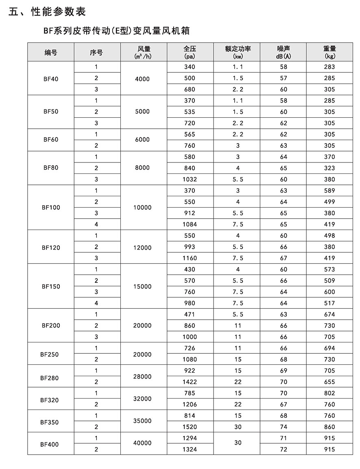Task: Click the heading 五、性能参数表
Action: (47, 11)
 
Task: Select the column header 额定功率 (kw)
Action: (238, 52)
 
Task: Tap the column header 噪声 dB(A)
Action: (284, 52)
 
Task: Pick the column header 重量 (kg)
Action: (330, 52)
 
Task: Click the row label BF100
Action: (51, 207)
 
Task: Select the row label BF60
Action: (51, 140)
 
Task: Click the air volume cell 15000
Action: (142, 286)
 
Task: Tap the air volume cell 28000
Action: (142, 377)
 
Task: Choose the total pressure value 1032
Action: (190, 179)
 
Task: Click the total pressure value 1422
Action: (190, 382)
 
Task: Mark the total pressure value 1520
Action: (190, 427)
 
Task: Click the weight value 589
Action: (330, 191)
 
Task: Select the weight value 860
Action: (330, 427)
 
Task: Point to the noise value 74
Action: (284, 427)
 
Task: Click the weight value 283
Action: (330, 67)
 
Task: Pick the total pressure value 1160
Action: (190, 258)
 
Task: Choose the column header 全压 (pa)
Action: (190, 52)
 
